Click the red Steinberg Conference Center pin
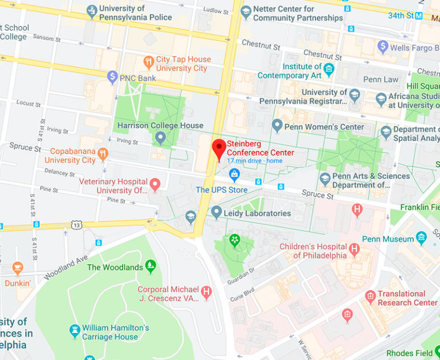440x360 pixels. tap(219, 148)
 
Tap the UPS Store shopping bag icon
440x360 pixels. tap(234, 175)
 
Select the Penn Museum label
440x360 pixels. tap(388, 239)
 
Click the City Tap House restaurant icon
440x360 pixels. tap(149, 63)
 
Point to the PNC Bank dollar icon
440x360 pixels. tap(113, 77)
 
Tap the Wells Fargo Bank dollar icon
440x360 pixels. tap(383, 47)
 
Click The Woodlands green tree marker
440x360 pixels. tap(151, 265)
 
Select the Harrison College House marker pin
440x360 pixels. tap(160, 138)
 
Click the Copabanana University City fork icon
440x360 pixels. tap(103, 154)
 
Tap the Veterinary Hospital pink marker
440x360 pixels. tap(155, 185)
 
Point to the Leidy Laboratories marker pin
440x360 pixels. tap(216, 213)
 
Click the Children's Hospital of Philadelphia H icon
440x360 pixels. tap(354, 249)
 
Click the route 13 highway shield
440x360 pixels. tap(76, 224)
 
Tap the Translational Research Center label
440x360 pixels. tap(407, 298)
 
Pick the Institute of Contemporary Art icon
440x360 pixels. tap(328, 70)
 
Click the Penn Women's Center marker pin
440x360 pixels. tap(277, 126)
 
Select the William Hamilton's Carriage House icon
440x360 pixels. tap(74, 331)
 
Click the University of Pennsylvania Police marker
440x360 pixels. tap(92, 11)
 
